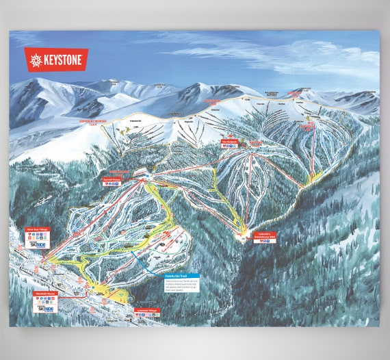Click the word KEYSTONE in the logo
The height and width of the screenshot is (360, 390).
[66, 60]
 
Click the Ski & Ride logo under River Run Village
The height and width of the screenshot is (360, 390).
[37, 245]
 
